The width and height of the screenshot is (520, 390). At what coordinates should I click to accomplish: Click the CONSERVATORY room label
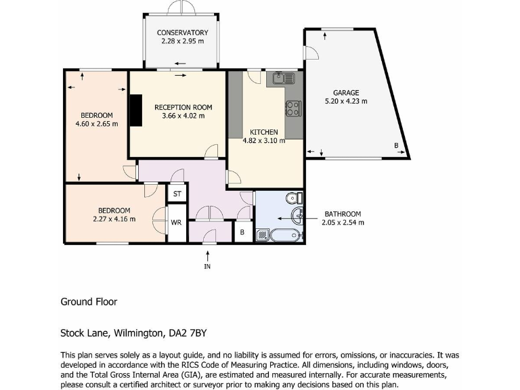(182, 32)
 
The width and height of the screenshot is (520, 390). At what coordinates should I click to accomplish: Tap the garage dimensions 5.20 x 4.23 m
(345, 102)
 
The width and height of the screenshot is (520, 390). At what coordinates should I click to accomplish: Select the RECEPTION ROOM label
(183, 107)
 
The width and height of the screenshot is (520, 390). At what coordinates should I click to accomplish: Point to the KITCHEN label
(263, 132)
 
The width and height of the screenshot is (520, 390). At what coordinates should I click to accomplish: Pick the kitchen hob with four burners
(293, 108)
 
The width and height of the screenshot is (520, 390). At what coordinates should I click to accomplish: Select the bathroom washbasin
(297, 217)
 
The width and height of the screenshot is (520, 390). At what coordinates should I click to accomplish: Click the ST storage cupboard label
(177, 194)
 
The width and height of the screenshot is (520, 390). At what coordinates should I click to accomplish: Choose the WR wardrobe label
(176, 222)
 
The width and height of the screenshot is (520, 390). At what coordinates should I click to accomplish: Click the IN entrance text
(207, 267)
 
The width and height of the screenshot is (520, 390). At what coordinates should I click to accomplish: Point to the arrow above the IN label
(207, 255)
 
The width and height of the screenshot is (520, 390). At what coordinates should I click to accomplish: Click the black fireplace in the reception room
(137, 110)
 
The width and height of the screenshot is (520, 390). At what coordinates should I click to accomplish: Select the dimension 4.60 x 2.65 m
(97, 124)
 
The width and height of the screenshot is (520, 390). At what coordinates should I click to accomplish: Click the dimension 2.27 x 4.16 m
(114, 219)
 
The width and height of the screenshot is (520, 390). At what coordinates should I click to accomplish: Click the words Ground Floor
(89, 302)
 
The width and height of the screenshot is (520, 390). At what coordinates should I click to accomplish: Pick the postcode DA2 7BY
(185, 333)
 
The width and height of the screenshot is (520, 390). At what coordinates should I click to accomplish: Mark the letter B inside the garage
(396, 146)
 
